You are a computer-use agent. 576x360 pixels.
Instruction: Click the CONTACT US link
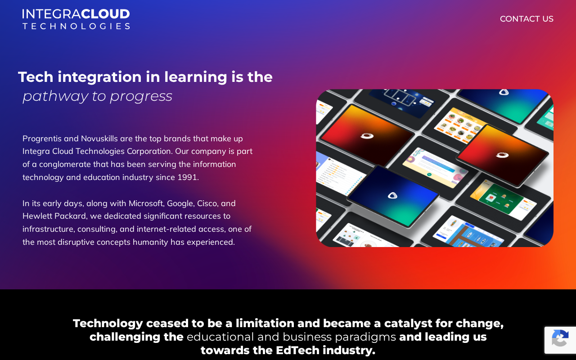tap(526, 19)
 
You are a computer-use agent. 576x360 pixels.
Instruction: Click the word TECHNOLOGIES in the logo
tap(76, 26)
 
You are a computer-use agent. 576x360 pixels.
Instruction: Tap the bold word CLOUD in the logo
tap(105, 14)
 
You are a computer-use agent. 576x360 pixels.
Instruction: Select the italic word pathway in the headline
tap(55, 97)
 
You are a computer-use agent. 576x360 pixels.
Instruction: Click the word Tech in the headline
tap(36, 77)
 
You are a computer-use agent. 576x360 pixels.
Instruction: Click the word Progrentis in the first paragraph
tap(42, 139)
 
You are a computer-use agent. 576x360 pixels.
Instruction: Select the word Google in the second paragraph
tap(181, 204)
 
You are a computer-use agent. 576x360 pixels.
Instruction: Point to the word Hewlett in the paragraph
tap(37, 216)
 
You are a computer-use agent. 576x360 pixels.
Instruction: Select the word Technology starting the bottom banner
tap(108, 324)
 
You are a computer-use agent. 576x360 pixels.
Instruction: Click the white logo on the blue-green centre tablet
tap(392, 196)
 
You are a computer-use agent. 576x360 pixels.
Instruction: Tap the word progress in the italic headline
tap(141, 97)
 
